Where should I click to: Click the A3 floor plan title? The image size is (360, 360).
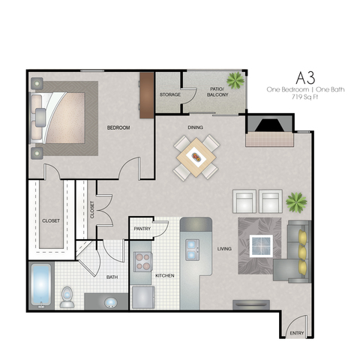tap(305, 78)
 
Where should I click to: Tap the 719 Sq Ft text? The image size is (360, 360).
tap(304, 97)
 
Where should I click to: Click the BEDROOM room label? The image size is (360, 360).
tap(118, 127)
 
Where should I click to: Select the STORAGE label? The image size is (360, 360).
tap(170, 94)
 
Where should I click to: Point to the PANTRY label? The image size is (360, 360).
tap(142, 229)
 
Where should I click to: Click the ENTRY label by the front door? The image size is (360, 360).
tap(297, 333)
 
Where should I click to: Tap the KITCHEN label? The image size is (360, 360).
tap(165, 276)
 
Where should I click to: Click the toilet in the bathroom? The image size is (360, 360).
tap(67, 297)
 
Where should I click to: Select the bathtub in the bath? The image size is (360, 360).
tap(41, 286)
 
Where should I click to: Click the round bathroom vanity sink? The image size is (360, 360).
tap(111, 303)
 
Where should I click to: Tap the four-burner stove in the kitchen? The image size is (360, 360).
tap(143, 262)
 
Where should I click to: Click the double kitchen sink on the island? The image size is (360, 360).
tap(192, 250)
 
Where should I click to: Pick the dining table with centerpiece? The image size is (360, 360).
tap(196, 157)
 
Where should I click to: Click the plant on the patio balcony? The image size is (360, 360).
tap(235, 80)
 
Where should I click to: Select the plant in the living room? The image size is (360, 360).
tap(296, 202)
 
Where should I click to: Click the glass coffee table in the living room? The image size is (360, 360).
tap(261, 246)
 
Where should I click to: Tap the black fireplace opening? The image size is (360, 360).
tap(270, 125)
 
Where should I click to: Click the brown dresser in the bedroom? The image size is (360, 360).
tap(146, 95)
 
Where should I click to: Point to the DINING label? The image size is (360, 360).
tap(195, 127)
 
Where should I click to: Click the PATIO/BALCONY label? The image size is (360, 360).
tap(217, 92)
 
